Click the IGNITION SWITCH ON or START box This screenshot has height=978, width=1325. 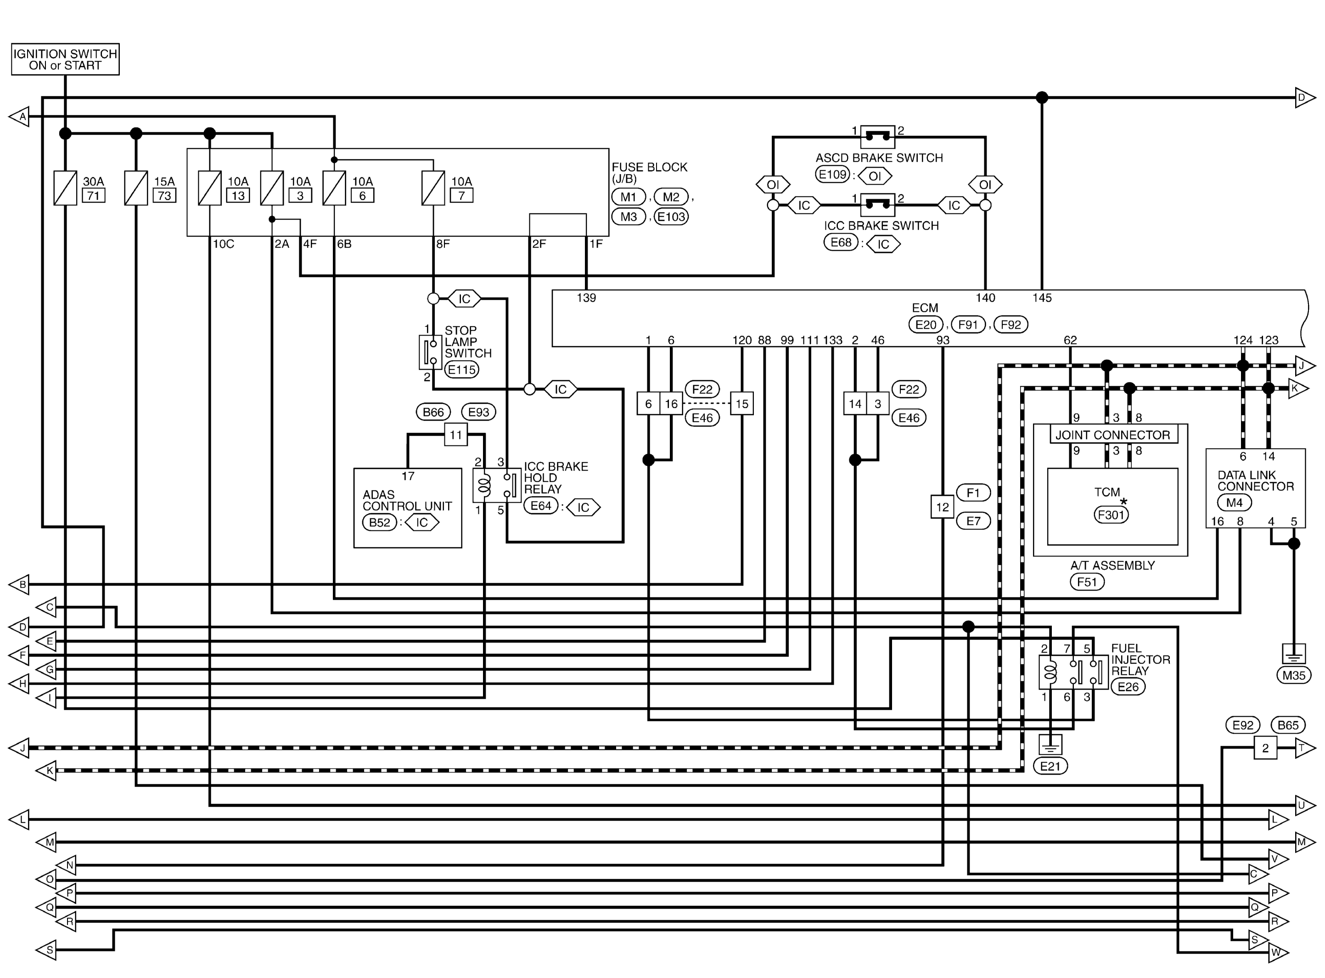click(x=65, y=59)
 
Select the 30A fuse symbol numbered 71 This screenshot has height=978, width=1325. click(x=65, y=188)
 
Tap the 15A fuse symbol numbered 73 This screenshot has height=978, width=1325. click(x=135, y=188)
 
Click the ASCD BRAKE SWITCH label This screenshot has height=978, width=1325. click(x=879, y=158)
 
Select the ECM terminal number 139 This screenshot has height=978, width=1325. click(x=586, y=298)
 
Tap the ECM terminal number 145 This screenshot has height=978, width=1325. click(x=1042, y=298)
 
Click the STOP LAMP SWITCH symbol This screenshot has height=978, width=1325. click(x=430, y=352)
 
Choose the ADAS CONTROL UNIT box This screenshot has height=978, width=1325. click(x=407, y=508)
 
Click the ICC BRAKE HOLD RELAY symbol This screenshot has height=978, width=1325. click(x=496, y=485)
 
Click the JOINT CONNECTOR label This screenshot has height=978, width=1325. click(x=1112, y=435)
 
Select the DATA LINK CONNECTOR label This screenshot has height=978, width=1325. click(x=1255, y=481)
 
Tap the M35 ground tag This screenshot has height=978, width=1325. click(x=1294, y=675)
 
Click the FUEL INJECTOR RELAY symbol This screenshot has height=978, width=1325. click(x=1073, y=672)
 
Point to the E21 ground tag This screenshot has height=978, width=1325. click(x=1050, y=766)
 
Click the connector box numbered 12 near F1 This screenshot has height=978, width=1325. click(x=942, y=507)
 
